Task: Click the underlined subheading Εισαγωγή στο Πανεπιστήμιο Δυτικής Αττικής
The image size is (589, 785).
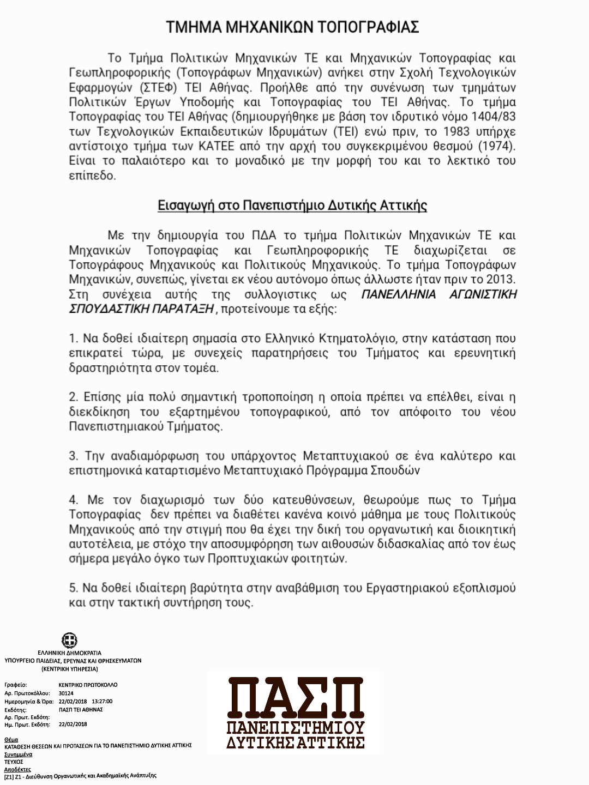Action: [292, 206]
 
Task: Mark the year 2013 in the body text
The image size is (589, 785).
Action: [500, 280]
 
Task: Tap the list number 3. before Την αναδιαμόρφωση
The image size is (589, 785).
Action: [74, 456]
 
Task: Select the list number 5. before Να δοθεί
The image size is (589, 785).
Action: [74, 588]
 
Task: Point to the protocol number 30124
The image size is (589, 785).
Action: [66, 693]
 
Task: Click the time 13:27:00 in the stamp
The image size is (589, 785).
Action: [103, 701]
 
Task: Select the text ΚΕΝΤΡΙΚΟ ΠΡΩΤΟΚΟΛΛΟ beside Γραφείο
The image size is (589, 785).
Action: [87, 685]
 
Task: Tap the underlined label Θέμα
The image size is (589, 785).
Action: [11, 740]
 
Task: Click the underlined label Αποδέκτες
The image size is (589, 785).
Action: [17, 769]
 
